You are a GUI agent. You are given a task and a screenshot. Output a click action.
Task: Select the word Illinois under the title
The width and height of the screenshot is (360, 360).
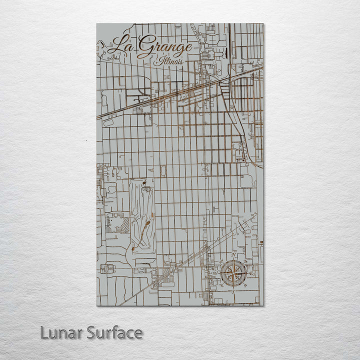click(x=168, y=61)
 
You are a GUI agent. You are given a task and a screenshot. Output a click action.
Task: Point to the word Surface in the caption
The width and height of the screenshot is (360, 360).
click(x=114, y=332)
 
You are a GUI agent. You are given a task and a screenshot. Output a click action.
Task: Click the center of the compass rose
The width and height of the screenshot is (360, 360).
click(x=233, y=273)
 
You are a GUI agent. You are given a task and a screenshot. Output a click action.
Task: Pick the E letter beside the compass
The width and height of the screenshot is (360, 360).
click(x=250, y=273)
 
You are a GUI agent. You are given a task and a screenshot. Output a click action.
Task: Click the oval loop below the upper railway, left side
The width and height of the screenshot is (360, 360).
click(x=108, y=122)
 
